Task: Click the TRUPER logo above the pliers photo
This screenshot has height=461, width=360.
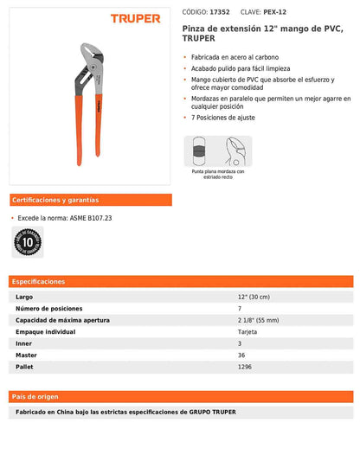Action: pyautogui.click(x=136, y=17)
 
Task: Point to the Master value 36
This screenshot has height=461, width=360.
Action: pyautogui.click(x=241, y=355)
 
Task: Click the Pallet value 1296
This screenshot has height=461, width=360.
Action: pyautogui.click(x=244, y=367)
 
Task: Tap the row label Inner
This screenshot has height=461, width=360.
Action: pyautogui.click(x=24, y=343)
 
